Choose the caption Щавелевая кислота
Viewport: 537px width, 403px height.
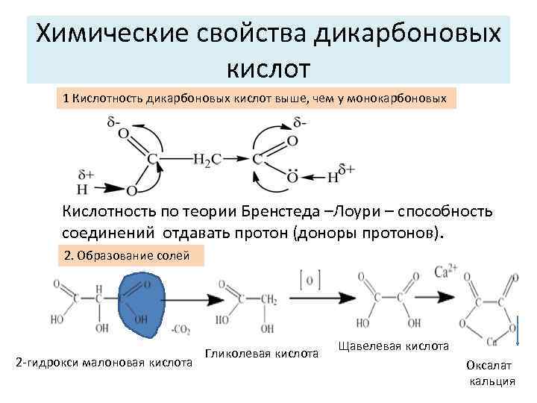pos(394,346)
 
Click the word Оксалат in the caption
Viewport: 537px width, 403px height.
pos(489,366)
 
